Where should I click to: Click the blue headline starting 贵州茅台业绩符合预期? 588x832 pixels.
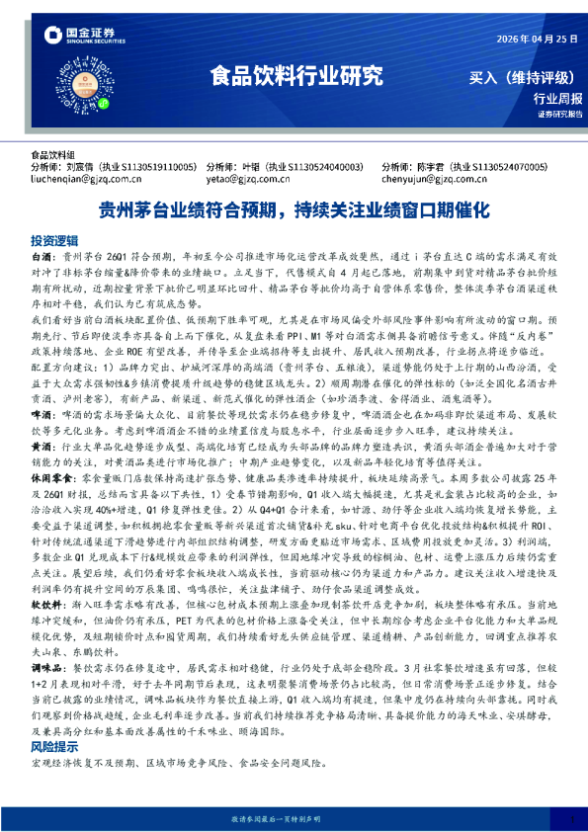294,209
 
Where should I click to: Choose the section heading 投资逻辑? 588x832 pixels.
53,240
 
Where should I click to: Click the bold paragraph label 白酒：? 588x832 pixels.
45,254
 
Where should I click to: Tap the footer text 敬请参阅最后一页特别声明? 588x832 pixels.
294,819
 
